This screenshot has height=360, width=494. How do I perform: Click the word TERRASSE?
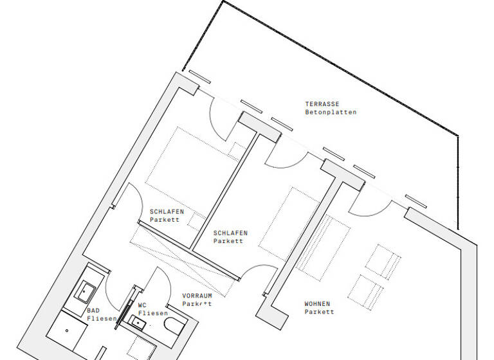[x=322, y=104]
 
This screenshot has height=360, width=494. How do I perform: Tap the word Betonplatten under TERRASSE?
[x=331, y=113]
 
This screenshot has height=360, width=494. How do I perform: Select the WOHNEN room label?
[x=318, y=304]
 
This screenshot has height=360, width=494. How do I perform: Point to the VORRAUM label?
[x=197, y=296]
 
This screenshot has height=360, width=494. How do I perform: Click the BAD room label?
[x=93, y=310]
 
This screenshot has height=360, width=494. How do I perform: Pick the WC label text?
[x=142, y=305]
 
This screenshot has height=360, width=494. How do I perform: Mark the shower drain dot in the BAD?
[x=67, y=331]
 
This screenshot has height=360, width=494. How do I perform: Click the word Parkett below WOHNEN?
[x=320, y=312]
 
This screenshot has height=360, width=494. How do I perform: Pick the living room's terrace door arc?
[x=373, y=206]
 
